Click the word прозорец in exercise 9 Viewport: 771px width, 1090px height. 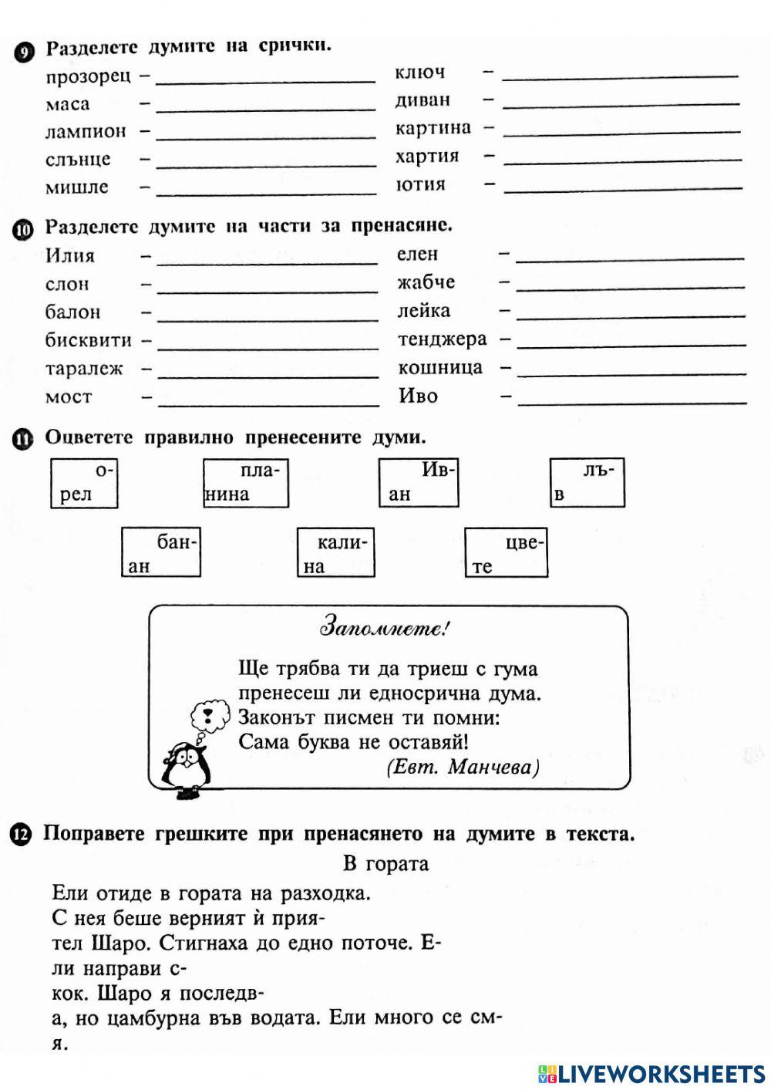pyautogui.click(x=88, y=76)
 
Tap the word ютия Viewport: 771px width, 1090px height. pyautogui.click(x=420, y=184)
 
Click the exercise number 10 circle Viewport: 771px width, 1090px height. pyautogui.click(x=23, y=229)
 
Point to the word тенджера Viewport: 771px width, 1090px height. pyautogui.click(x=443, y=339)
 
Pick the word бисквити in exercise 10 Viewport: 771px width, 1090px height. pyautogui.click(x=89, y=340)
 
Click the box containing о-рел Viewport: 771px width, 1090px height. pyautogui.click(x=84, y=483)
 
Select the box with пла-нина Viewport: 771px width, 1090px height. pyautogui.click(x=245, y=483)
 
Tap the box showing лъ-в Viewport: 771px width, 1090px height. pyautogui.click(x=587, y=483)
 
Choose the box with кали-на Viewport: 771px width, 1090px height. pyautogui.click(x=335, y=553)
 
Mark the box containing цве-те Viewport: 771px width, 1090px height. pyautogui.click(x=506, y=553)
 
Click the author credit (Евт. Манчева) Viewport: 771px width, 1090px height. pyautogui.click(x=463, y=767)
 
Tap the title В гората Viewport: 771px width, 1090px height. pyautogui.click(x=385, y=863)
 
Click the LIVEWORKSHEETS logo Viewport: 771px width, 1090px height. pyautogui.click(x=651, y=1073)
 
